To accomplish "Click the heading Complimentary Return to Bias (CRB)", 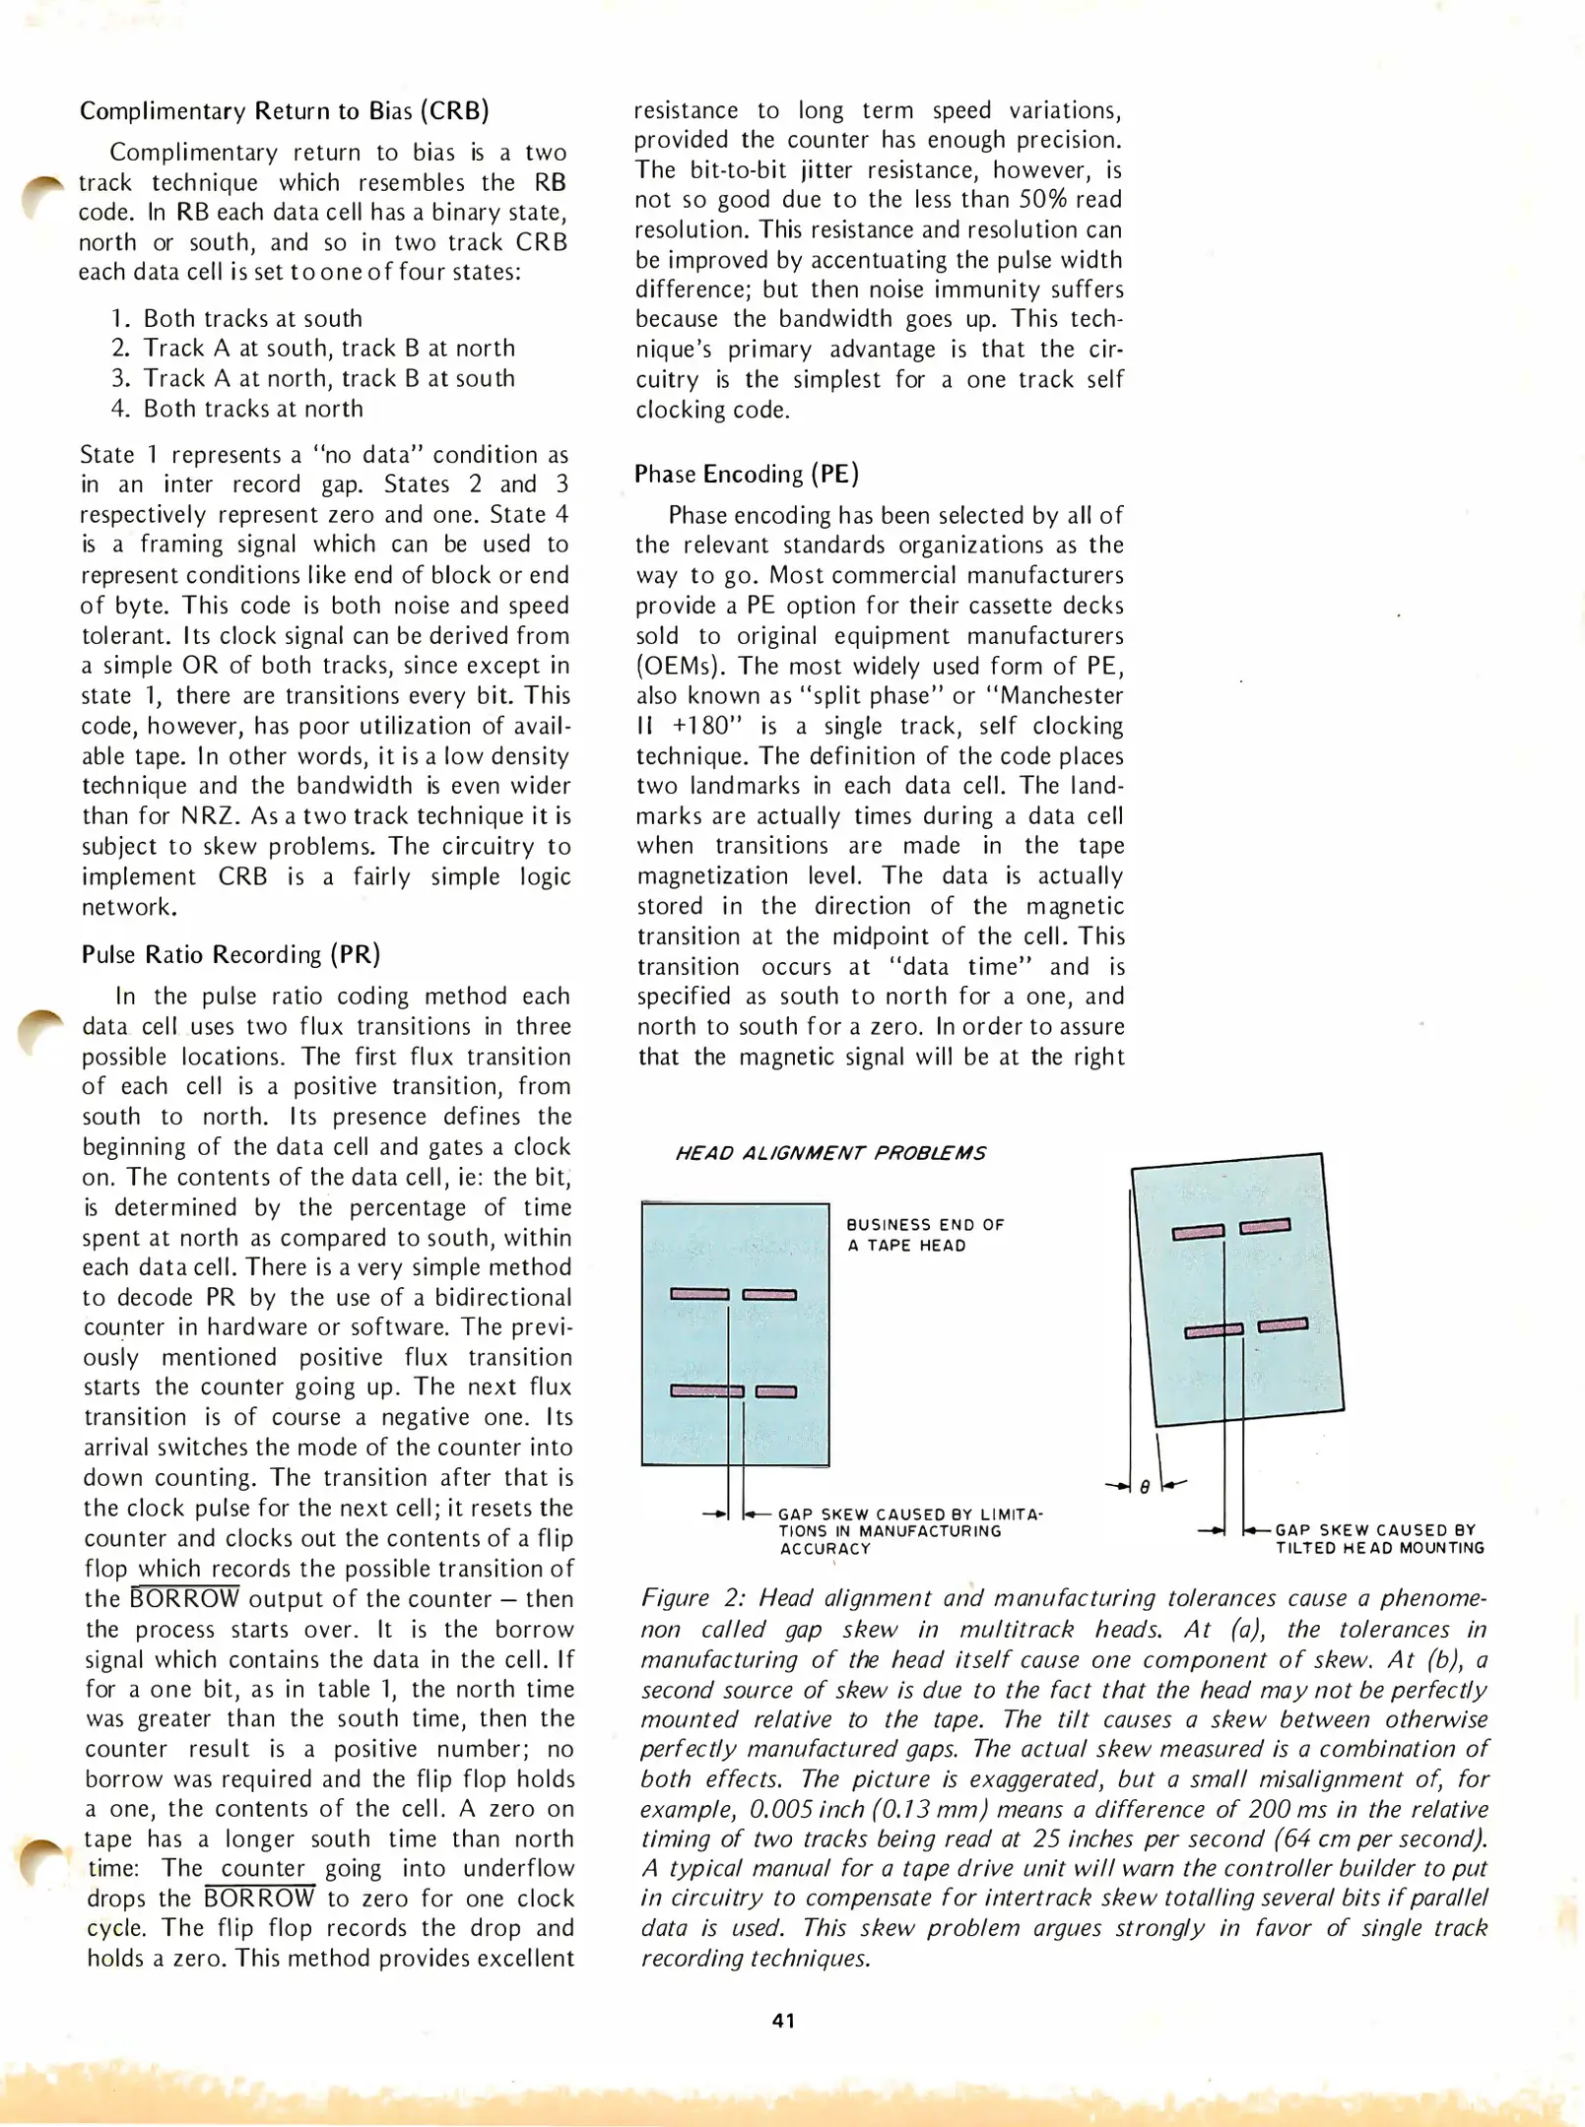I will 284,110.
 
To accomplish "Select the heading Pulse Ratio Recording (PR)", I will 231,954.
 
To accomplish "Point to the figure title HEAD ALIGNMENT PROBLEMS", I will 830,1153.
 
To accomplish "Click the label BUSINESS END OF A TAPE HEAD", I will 924,1235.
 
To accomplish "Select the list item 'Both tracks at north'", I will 252,409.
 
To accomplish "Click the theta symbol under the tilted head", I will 1145,1488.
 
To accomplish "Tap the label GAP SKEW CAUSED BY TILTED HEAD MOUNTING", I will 1378,1539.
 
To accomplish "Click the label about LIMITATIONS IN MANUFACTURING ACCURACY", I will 908,1531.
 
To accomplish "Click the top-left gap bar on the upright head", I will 699,1294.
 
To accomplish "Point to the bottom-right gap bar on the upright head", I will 776,1391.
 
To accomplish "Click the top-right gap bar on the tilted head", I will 1265,1226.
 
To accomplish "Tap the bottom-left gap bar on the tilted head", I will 1214,1332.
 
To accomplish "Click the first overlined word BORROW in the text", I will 185,1598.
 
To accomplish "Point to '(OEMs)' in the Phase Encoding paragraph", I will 679,666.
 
